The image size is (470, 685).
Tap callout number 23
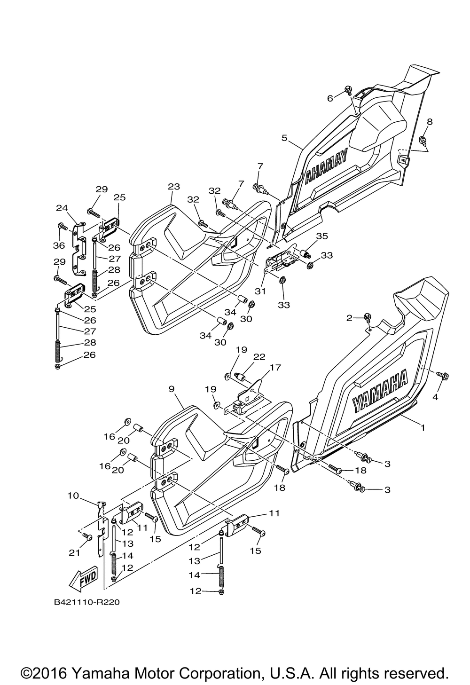tap(174, 186)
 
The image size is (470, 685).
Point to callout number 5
tap(284, 138)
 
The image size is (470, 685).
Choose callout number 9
tap(171, 389)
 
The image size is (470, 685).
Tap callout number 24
tap(62, 208)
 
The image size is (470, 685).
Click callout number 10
tap(73, 496)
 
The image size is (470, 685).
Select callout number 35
tap(322, 236)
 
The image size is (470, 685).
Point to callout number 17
tap(275, 367)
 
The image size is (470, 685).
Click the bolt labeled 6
tap(348, 89)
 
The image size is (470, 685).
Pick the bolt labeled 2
tap(367, 317)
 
